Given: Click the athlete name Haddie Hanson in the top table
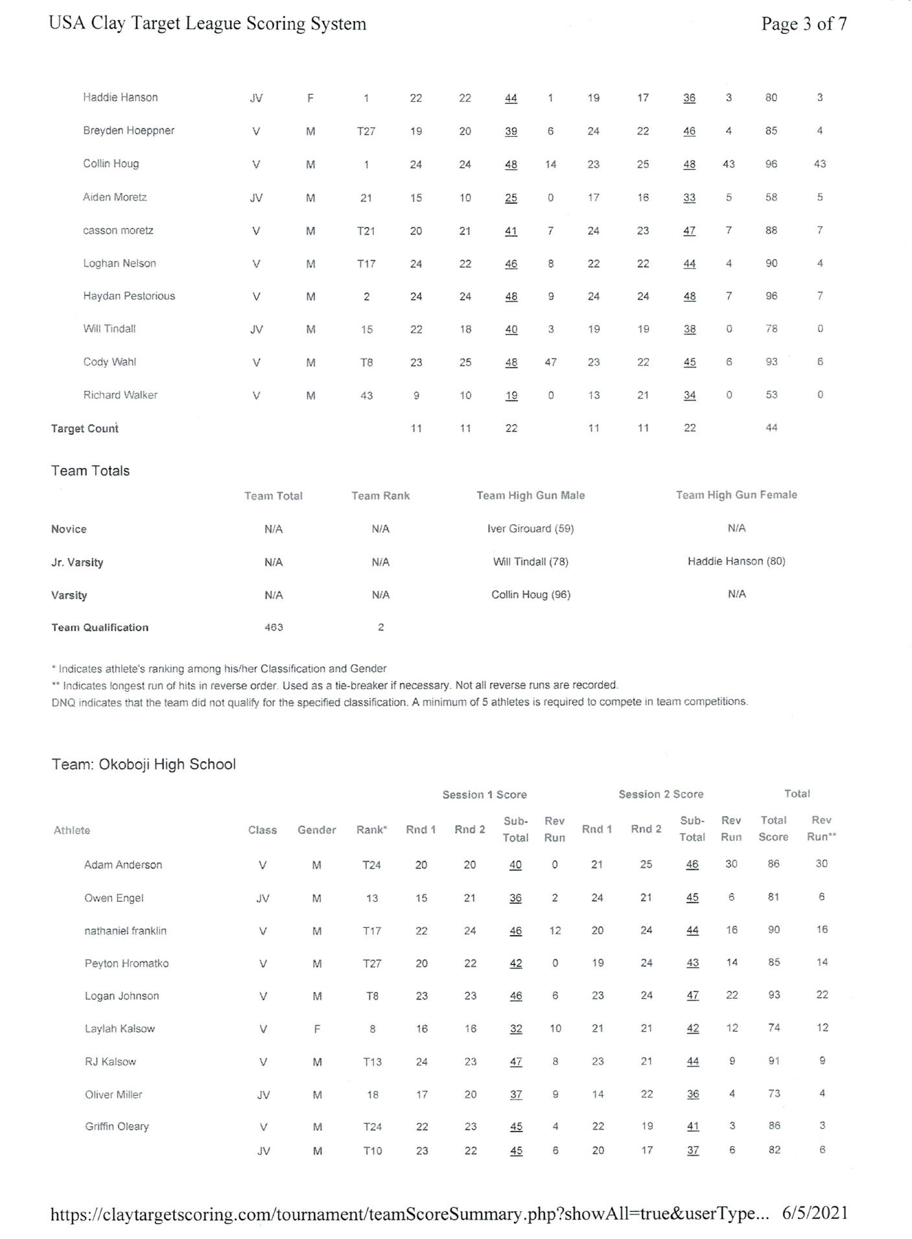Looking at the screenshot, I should click(120, 97).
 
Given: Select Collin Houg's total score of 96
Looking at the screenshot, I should click(771, 164).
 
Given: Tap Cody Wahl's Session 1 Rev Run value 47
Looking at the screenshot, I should click(550, 362).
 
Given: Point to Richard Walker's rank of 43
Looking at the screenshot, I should click(366, 395).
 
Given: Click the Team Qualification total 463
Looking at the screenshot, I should click(274, 627).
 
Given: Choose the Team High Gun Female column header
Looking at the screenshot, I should click(736, 495).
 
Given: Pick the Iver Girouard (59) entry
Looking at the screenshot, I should click(530, 528).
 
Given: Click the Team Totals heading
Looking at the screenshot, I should click(90, 471).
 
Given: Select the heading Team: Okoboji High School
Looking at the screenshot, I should click(143, 764).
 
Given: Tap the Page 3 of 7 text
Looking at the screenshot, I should click(804, 24).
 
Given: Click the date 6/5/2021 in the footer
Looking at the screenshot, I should click(815, 1213).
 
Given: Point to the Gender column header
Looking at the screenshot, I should click(316, 830).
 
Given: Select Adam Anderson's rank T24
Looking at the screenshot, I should click(371, 865).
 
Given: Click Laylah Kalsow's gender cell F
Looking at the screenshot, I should click(317, 1028).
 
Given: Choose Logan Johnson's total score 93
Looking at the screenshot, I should click(774, 995).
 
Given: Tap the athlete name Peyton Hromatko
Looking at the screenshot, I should click(126, 963).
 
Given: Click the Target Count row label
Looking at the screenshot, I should click(84, 429).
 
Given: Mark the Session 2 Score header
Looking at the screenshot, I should click(661, 794).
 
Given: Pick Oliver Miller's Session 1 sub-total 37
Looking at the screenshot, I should click(516, 1094).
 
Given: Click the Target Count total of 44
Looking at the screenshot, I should click(771, 427).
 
